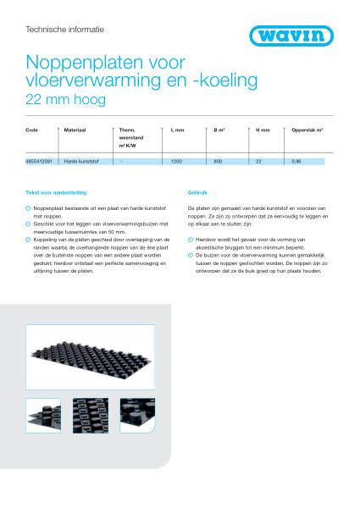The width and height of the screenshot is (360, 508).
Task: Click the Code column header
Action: click(32, 130)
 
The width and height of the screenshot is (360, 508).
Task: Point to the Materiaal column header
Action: click(76, 130)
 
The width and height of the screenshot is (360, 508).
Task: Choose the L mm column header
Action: click(177, 130)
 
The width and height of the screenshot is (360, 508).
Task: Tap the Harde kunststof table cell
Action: click(83, 161)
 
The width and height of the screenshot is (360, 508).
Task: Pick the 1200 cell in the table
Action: click(177, 161)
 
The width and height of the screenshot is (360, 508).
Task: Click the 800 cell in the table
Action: click(218, 161)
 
